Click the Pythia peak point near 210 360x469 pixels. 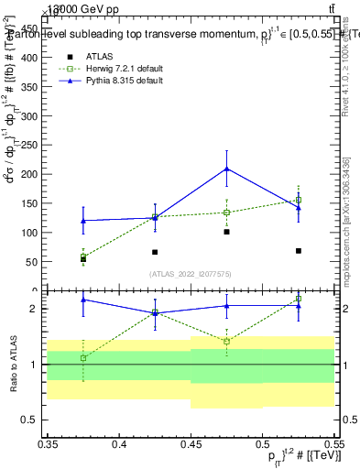pos(226,169)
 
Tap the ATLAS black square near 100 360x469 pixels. pos(226,232)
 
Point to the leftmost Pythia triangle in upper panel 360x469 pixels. pos(83,221)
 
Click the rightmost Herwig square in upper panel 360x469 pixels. pos(298,200)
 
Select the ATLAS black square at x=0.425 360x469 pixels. pos(155,252)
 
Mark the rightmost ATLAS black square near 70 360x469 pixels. pos(298,250)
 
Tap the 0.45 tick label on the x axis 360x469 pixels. pos(190,443)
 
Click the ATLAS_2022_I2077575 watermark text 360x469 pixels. pos(190,274)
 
